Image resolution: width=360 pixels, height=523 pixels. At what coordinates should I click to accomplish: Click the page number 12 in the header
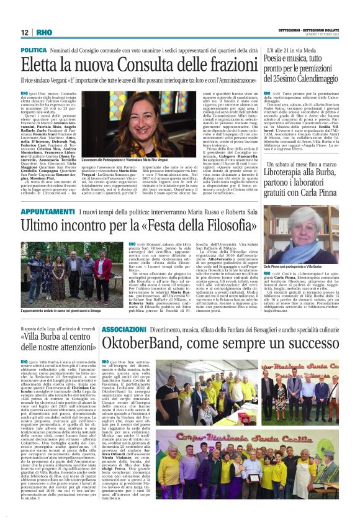click(x=25, y=32)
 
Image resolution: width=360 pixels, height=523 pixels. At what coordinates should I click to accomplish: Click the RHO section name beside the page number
click(x=44, y=32)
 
